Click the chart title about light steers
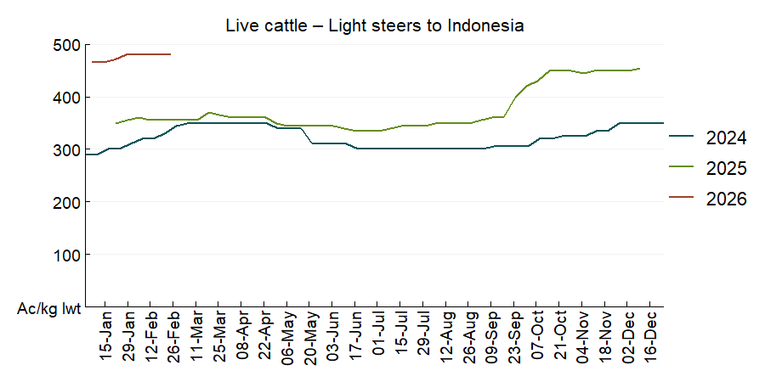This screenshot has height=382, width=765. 375,25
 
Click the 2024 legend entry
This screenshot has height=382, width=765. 726,138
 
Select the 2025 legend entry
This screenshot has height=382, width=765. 726,169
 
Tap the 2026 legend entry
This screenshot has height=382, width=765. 726,199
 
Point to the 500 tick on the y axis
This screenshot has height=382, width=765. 66,45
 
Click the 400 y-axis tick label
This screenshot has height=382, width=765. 66,98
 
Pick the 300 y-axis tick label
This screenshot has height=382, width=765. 66,150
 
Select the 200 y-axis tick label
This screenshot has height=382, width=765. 66,202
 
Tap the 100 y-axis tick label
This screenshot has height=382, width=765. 66,255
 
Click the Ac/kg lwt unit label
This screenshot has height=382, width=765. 49,309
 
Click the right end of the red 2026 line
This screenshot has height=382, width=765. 171,54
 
